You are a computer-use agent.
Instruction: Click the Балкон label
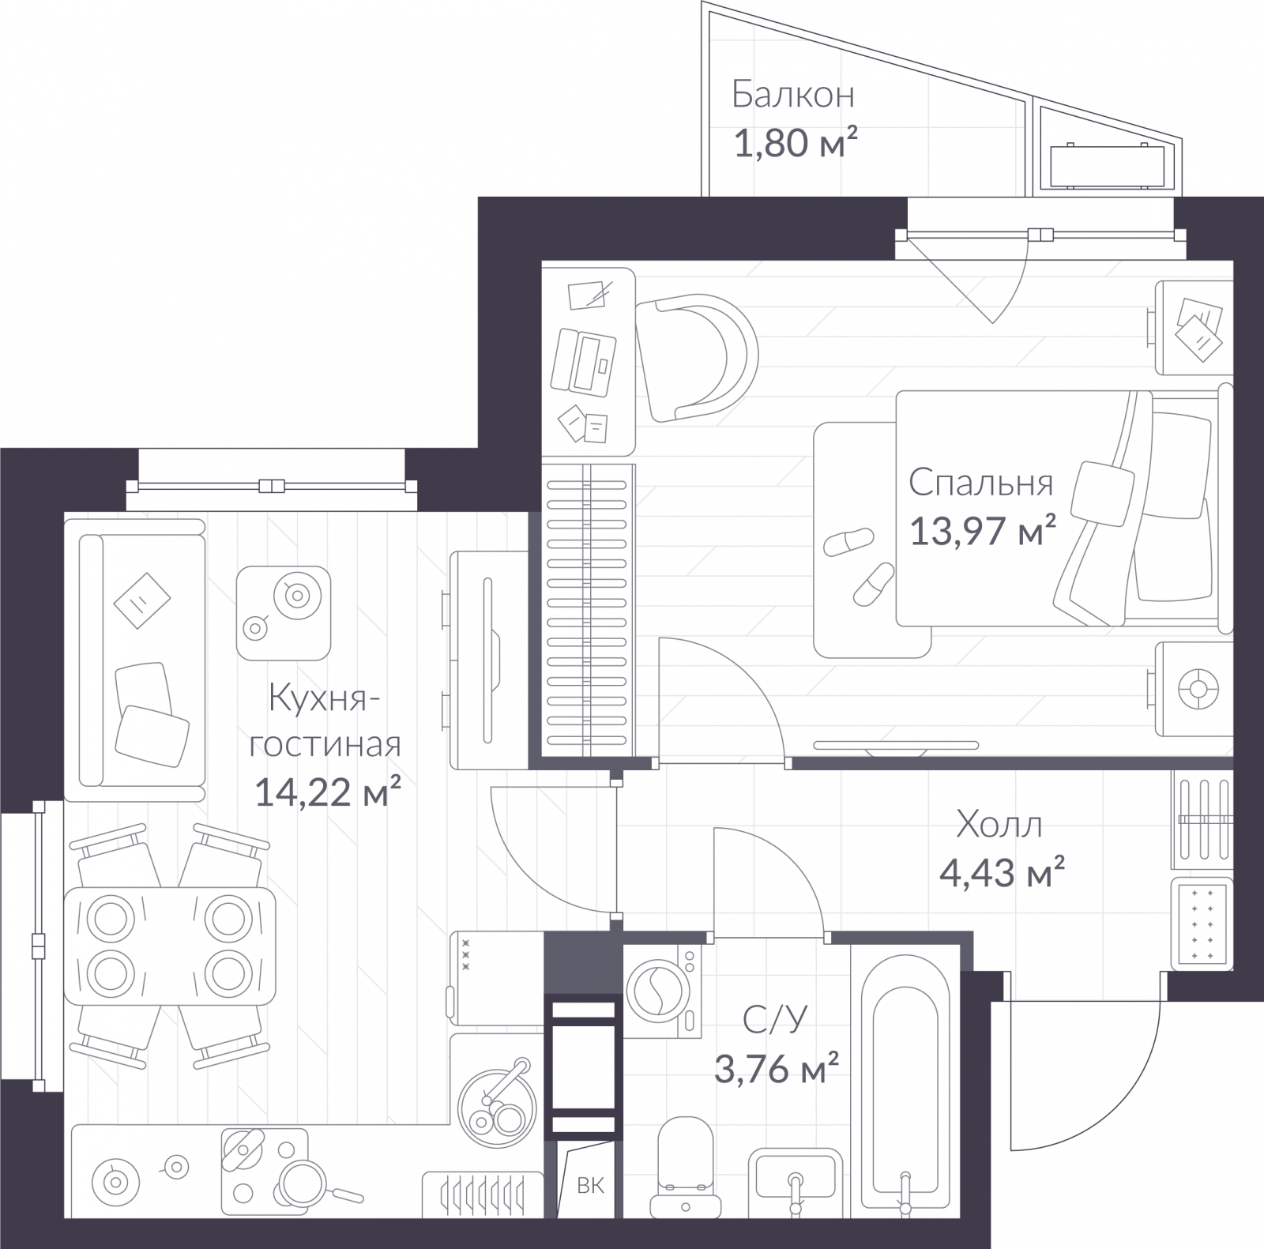tap(793, 95)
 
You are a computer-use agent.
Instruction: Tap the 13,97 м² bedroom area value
tap(983, 530)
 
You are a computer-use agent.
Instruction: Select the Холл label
tap(999, 825)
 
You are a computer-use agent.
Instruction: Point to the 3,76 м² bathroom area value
tap(776, 1069)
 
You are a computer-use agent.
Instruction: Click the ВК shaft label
tap(590, 1185)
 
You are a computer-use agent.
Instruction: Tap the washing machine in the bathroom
tap(662, 991)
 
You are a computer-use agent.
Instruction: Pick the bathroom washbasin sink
tap(796, 1181)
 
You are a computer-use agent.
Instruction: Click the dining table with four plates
tap(170, 946)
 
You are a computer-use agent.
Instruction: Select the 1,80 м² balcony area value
tap(796, 144)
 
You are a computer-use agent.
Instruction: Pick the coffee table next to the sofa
tap(283, 613)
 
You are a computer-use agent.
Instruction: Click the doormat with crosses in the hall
tap(1201, 922)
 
